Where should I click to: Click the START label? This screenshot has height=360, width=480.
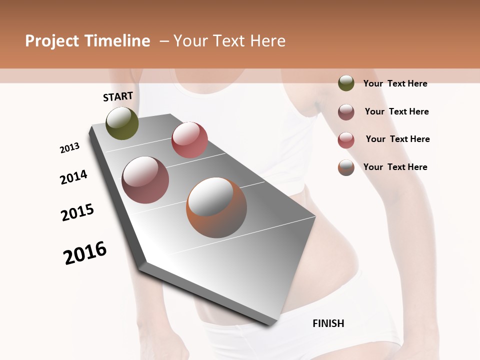118,96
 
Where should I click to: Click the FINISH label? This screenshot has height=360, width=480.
328,323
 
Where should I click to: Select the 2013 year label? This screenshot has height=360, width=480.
70,148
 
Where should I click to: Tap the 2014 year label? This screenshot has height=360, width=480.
73,177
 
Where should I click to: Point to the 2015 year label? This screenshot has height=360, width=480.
77,212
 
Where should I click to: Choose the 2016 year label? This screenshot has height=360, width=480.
85,253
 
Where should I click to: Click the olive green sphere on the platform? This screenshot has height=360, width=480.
122,123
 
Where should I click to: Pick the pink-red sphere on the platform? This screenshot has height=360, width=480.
189,140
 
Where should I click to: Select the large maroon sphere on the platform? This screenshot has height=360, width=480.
145,180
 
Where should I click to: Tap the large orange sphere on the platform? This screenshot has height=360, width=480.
216,207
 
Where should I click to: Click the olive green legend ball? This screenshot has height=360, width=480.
346,83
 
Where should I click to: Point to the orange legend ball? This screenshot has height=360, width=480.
346,167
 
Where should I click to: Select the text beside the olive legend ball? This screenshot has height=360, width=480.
395,84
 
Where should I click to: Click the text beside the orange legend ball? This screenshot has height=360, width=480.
395,167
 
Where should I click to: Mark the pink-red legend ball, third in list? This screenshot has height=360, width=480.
346,140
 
